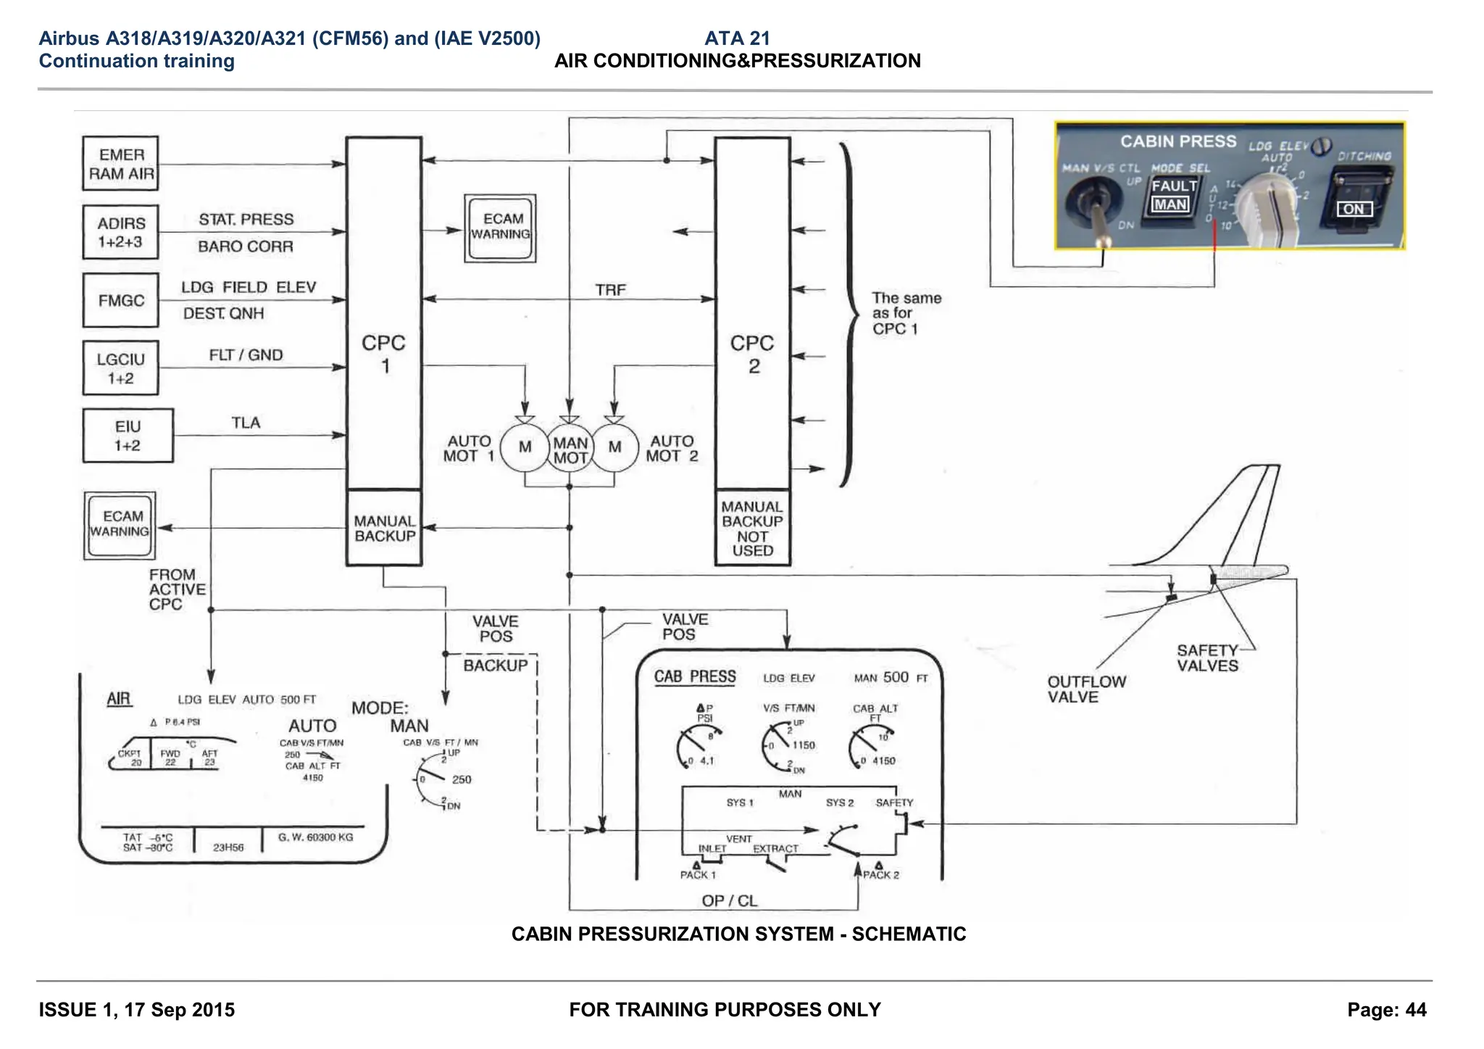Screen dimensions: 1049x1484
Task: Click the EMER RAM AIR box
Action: [120, 164]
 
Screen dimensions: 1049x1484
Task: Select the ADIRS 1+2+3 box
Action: [120, 233]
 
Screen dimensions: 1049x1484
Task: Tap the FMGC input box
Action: [120, 300]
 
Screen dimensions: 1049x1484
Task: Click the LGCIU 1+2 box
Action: [120, 368]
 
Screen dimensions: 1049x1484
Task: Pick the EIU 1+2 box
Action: [128, 436]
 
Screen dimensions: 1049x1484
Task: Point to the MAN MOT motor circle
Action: [570, 449]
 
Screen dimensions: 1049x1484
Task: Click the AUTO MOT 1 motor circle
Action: [525, 447]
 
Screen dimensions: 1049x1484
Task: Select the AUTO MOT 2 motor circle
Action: [614, 447]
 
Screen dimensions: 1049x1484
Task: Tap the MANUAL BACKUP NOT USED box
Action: [752, 528]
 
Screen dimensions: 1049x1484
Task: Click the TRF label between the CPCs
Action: [610, 290]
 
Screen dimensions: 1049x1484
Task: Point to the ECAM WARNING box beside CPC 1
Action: [500, 228]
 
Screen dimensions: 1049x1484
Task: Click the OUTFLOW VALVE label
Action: [1086, 689]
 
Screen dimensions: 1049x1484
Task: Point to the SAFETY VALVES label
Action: [1207, 658]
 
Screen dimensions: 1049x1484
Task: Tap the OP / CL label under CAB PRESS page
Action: [729, 900]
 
